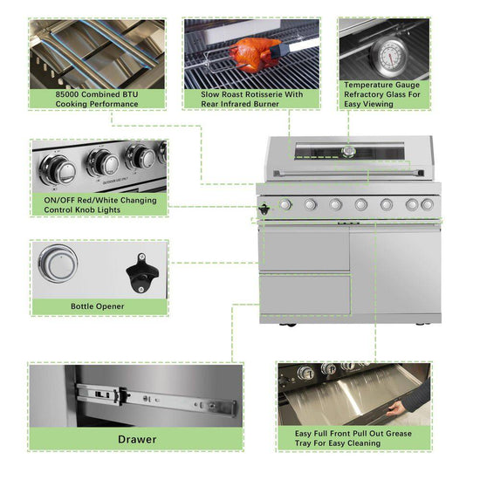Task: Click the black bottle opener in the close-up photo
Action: click(x=138, y=273)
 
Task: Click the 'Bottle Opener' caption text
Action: click(x=97, y=306)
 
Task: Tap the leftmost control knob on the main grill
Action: click(x=285, y=204)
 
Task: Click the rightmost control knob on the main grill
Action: click(x=427, y=204)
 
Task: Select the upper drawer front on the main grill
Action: click(x=304, y=250)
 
